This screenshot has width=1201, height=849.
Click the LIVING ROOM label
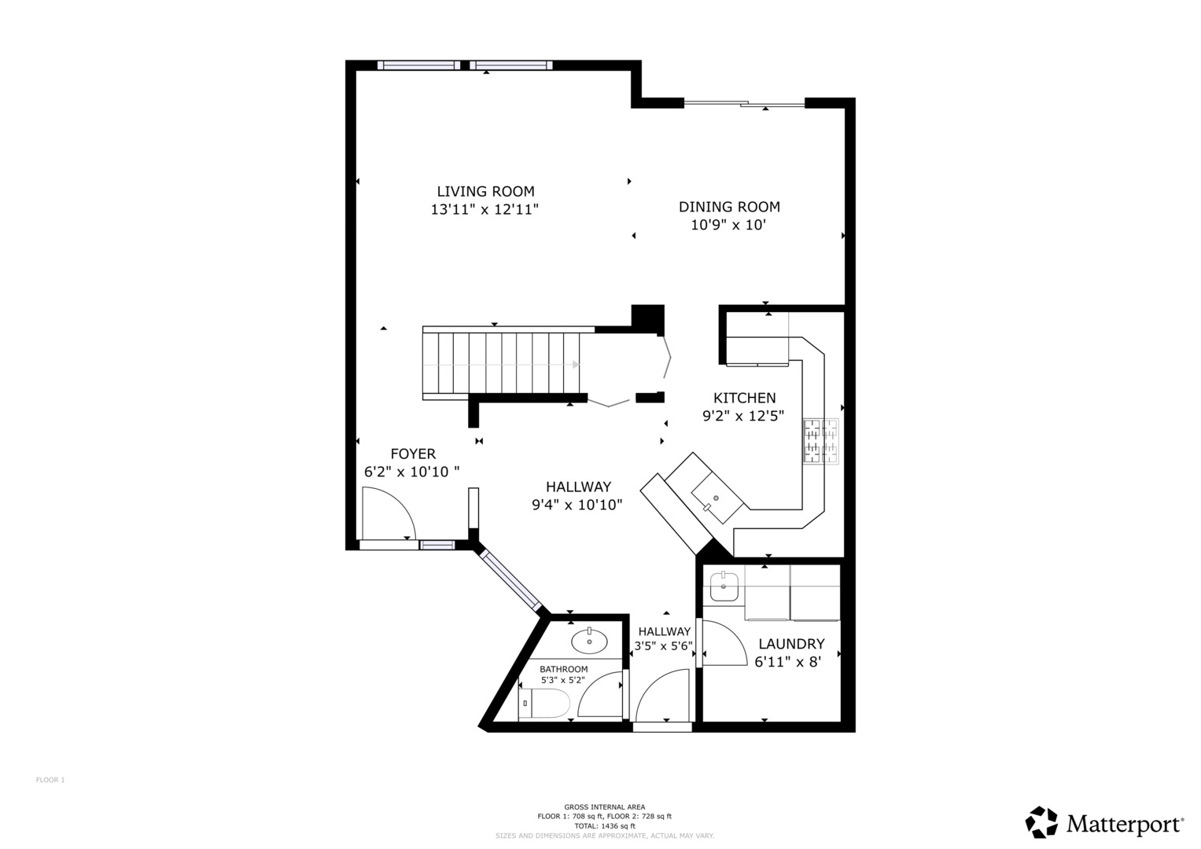485,191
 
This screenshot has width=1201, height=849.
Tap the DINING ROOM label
729,207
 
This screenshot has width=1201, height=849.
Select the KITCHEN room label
744,398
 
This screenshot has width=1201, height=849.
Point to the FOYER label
413,454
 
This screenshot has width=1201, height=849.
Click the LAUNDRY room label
791,644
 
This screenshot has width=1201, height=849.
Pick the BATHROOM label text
563,669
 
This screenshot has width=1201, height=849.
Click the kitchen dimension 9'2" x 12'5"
743,416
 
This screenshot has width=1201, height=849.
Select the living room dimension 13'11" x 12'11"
484,210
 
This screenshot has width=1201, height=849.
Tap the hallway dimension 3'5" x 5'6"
664,646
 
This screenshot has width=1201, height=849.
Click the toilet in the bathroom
543,704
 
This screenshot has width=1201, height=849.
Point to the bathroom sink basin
589,641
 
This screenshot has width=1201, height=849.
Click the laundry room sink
724,587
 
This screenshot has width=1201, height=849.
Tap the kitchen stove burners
820,440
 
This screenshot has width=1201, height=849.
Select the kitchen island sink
717,498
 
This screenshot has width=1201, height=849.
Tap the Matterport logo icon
1041,821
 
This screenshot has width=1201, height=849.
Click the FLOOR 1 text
50,780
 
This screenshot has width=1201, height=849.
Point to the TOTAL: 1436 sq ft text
605,826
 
